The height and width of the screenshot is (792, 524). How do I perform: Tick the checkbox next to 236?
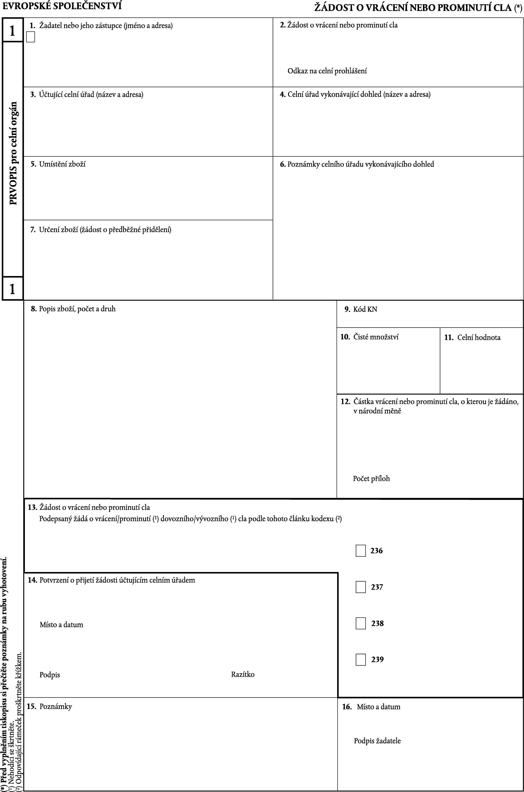pos(361,551)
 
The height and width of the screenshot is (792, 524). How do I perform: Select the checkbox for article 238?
pos(361,623)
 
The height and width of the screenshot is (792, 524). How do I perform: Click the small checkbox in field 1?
pos(30,37)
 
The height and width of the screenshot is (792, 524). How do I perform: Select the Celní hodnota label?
pos(479,338)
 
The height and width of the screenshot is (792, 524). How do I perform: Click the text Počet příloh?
pos(371,478)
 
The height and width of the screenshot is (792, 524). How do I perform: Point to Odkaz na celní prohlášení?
pos(327,71)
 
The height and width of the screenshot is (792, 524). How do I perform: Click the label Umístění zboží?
pos(62,164)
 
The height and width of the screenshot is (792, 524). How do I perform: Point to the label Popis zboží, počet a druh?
pos(77,309)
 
